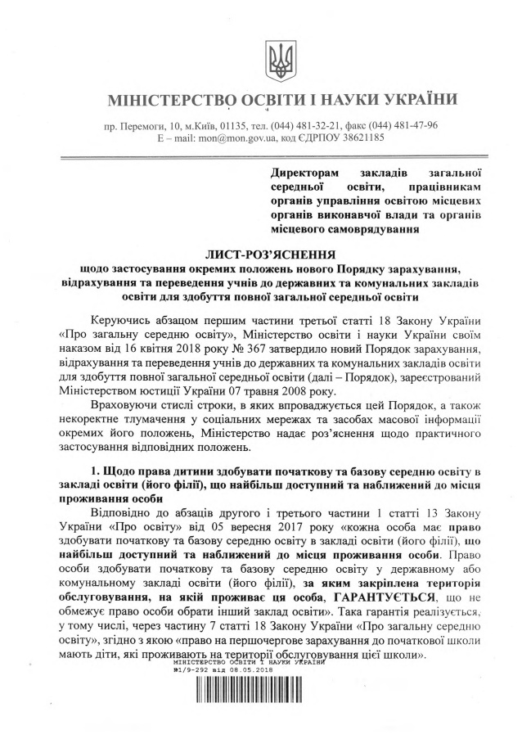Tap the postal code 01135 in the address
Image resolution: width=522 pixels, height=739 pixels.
tap(232, 126)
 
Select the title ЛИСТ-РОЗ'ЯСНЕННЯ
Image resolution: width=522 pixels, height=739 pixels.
tap(272, 255)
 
